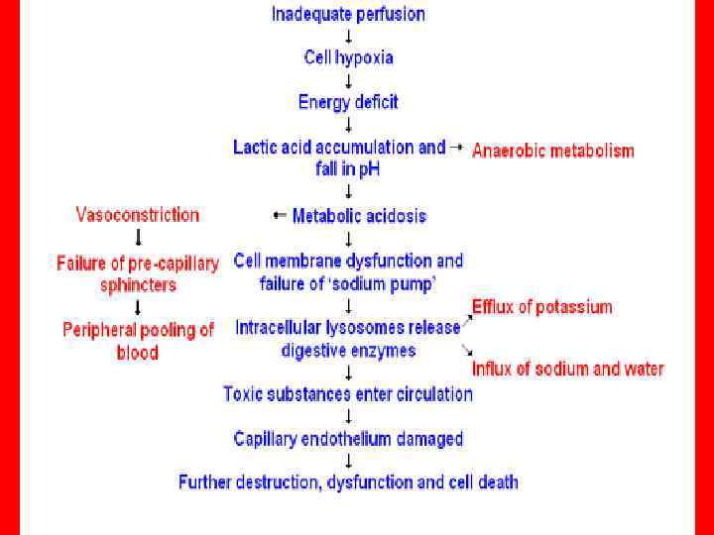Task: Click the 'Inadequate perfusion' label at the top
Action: click(x=348, y=14)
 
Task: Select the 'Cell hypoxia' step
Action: click(x=348, y=57)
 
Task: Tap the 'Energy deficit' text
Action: click(x=348, y=102)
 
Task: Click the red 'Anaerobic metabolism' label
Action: click(x=552, y=151)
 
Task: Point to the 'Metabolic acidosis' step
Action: click(x=359, y=216)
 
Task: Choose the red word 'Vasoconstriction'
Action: click(x=138, y=215)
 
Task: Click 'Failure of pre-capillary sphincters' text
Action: click(x=138, y=274)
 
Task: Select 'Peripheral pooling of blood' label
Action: click(x=138, y=341)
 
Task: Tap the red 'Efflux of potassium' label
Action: click(x=541, y=307)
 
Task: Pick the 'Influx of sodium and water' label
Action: click(x=567, y=370)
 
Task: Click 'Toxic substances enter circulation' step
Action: click(x=348, y=394)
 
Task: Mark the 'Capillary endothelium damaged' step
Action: click(x=348, y=438)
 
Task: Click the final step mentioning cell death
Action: click(x=348, y=482)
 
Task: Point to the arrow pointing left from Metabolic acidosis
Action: click(x=280, y=216)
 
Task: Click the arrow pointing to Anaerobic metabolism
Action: click(x=456, y=147)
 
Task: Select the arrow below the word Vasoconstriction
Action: click(x=138, y=238)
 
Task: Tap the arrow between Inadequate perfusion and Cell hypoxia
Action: click(x=348, y=36)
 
